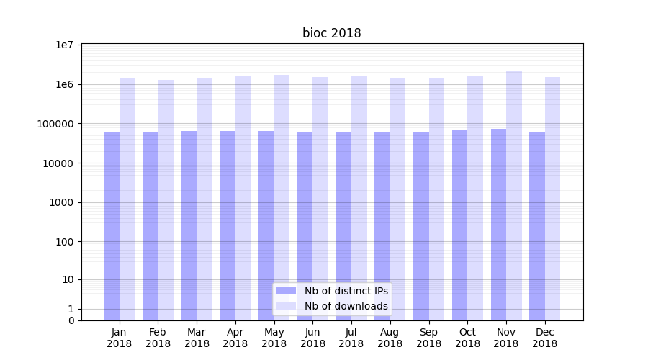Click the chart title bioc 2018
pos(331,33)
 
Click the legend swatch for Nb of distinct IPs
pos(286,291)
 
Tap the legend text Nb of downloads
pos(346,306)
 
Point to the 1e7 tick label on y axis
pos(65,45)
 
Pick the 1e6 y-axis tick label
pos(65,85)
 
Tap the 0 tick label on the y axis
pos(71,320)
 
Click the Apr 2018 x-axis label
pos(235,338)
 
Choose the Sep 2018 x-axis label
pos(428,338)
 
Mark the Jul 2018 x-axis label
pos(351,338)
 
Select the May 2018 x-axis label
pos(274,338)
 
